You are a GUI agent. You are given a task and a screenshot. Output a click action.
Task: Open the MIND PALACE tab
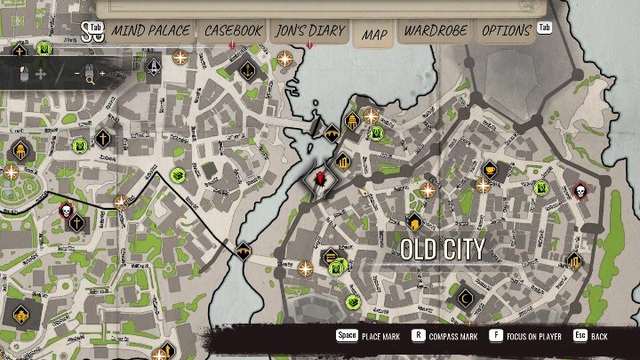[150, 31]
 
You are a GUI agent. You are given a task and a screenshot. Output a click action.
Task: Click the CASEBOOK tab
[233, 31]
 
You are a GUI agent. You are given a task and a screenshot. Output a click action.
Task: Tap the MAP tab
[375, 35]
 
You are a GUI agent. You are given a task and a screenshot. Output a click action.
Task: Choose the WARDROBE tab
[436, 31]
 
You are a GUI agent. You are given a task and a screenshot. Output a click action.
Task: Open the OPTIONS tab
[506, 31]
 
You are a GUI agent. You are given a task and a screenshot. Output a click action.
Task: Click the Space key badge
[346, 337]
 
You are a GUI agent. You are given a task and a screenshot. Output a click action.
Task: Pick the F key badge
[494, 337]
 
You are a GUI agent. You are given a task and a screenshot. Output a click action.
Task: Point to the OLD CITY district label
[443, 249]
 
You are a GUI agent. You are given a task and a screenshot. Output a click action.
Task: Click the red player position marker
[321, 179]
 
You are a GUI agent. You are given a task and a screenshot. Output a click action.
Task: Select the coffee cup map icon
[491, 169]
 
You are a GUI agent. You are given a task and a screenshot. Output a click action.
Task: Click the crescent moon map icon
[466, 298]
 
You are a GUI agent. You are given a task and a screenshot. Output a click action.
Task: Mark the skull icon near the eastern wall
[579, 191]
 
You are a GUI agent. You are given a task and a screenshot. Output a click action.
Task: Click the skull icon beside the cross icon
[64, 212]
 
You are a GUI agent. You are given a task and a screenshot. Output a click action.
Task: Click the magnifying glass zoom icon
[90, 79]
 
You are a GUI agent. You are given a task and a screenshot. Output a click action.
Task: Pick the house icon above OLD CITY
[413, 220]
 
